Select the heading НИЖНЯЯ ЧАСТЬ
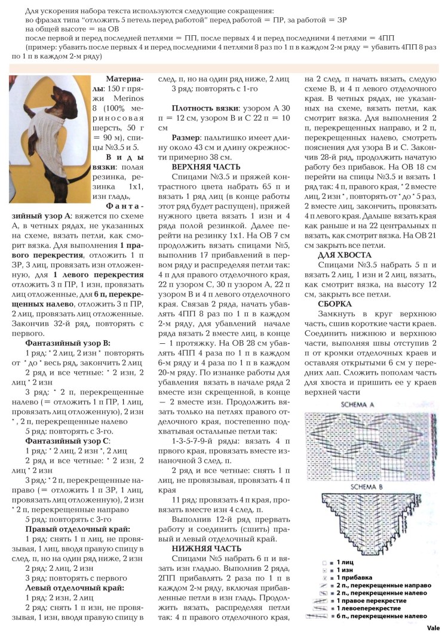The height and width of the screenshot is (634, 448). (206, 548)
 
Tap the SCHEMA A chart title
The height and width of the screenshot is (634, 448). (357, 405)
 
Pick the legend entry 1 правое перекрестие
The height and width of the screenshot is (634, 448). (373, 600)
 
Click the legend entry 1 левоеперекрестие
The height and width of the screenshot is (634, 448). (370, 608)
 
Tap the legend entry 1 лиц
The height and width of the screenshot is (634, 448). (346, 562)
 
